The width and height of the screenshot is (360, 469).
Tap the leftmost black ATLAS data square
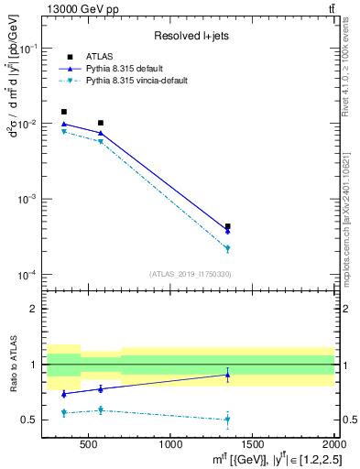[x=63, y=112]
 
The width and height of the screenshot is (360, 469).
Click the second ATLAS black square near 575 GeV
[x=101, y=123]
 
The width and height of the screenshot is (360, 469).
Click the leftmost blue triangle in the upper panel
[x=63, y=124]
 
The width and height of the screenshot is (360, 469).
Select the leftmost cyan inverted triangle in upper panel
[x=63, y=132]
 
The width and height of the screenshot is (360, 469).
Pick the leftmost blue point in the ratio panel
[x=63, y=394]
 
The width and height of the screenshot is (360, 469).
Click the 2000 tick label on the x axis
[x=333, y=446]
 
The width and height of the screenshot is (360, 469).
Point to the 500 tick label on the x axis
[x=88, y=446]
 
